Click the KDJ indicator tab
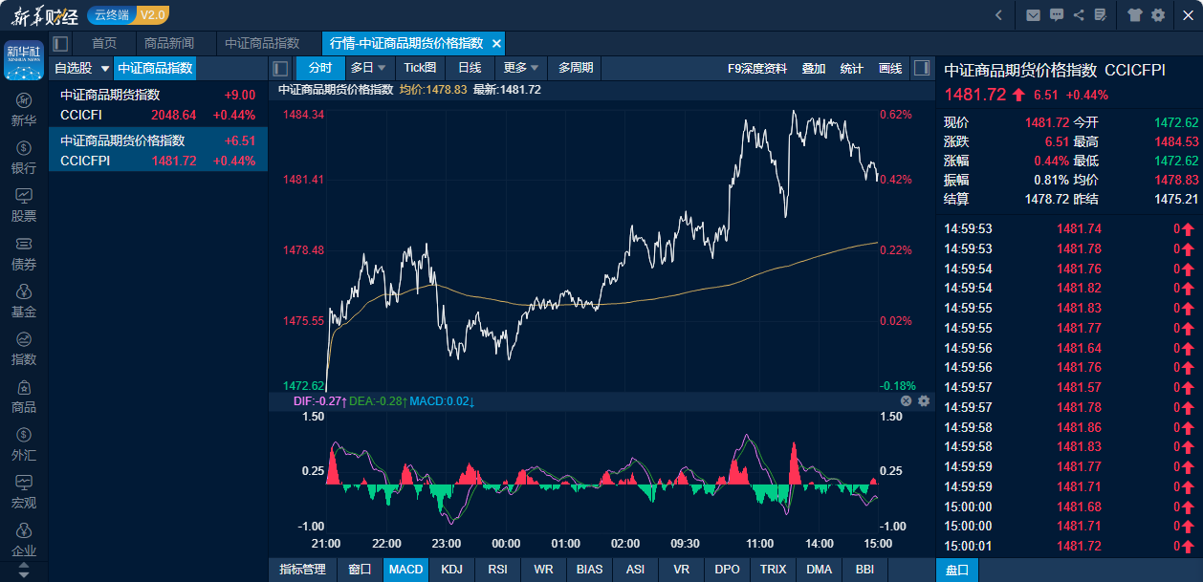pyautogui.click(x=450, y=570)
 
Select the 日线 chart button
pyautogui.click(x=470, y=68)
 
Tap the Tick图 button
pyautogui.click(x=420, y=68)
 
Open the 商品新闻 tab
pyautogui.click(x=169, y=43)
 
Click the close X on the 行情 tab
pyautogui.click(x=496, y=44)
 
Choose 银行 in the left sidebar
pyautogui.click(x=24, y=158)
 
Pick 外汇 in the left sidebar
pyautogui.click(x=24, y=444)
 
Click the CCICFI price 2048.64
pyautogui.click(x=173, y=115)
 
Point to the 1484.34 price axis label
pyautogui.click(x=304, y=115)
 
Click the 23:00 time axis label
pyautogui.click(x=446, y=543)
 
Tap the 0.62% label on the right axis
pyautogui.click(x=895, y=115)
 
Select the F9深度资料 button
pyautogui.click(x=757, y=68)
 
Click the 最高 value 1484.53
pyautogui.click(x=1175, y=141)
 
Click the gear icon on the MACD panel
pyautogui.click(x=924, y=401)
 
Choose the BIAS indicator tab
pyautogui.click(x=590, y=570)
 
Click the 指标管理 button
pyautogui.click(x=302, y=570)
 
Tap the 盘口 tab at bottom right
pyautogui.click(x=957, y=570)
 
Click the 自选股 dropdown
pyautogui.click(x=82, y=68)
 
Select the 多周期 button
pyautogui.click(x=576, y=68)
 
